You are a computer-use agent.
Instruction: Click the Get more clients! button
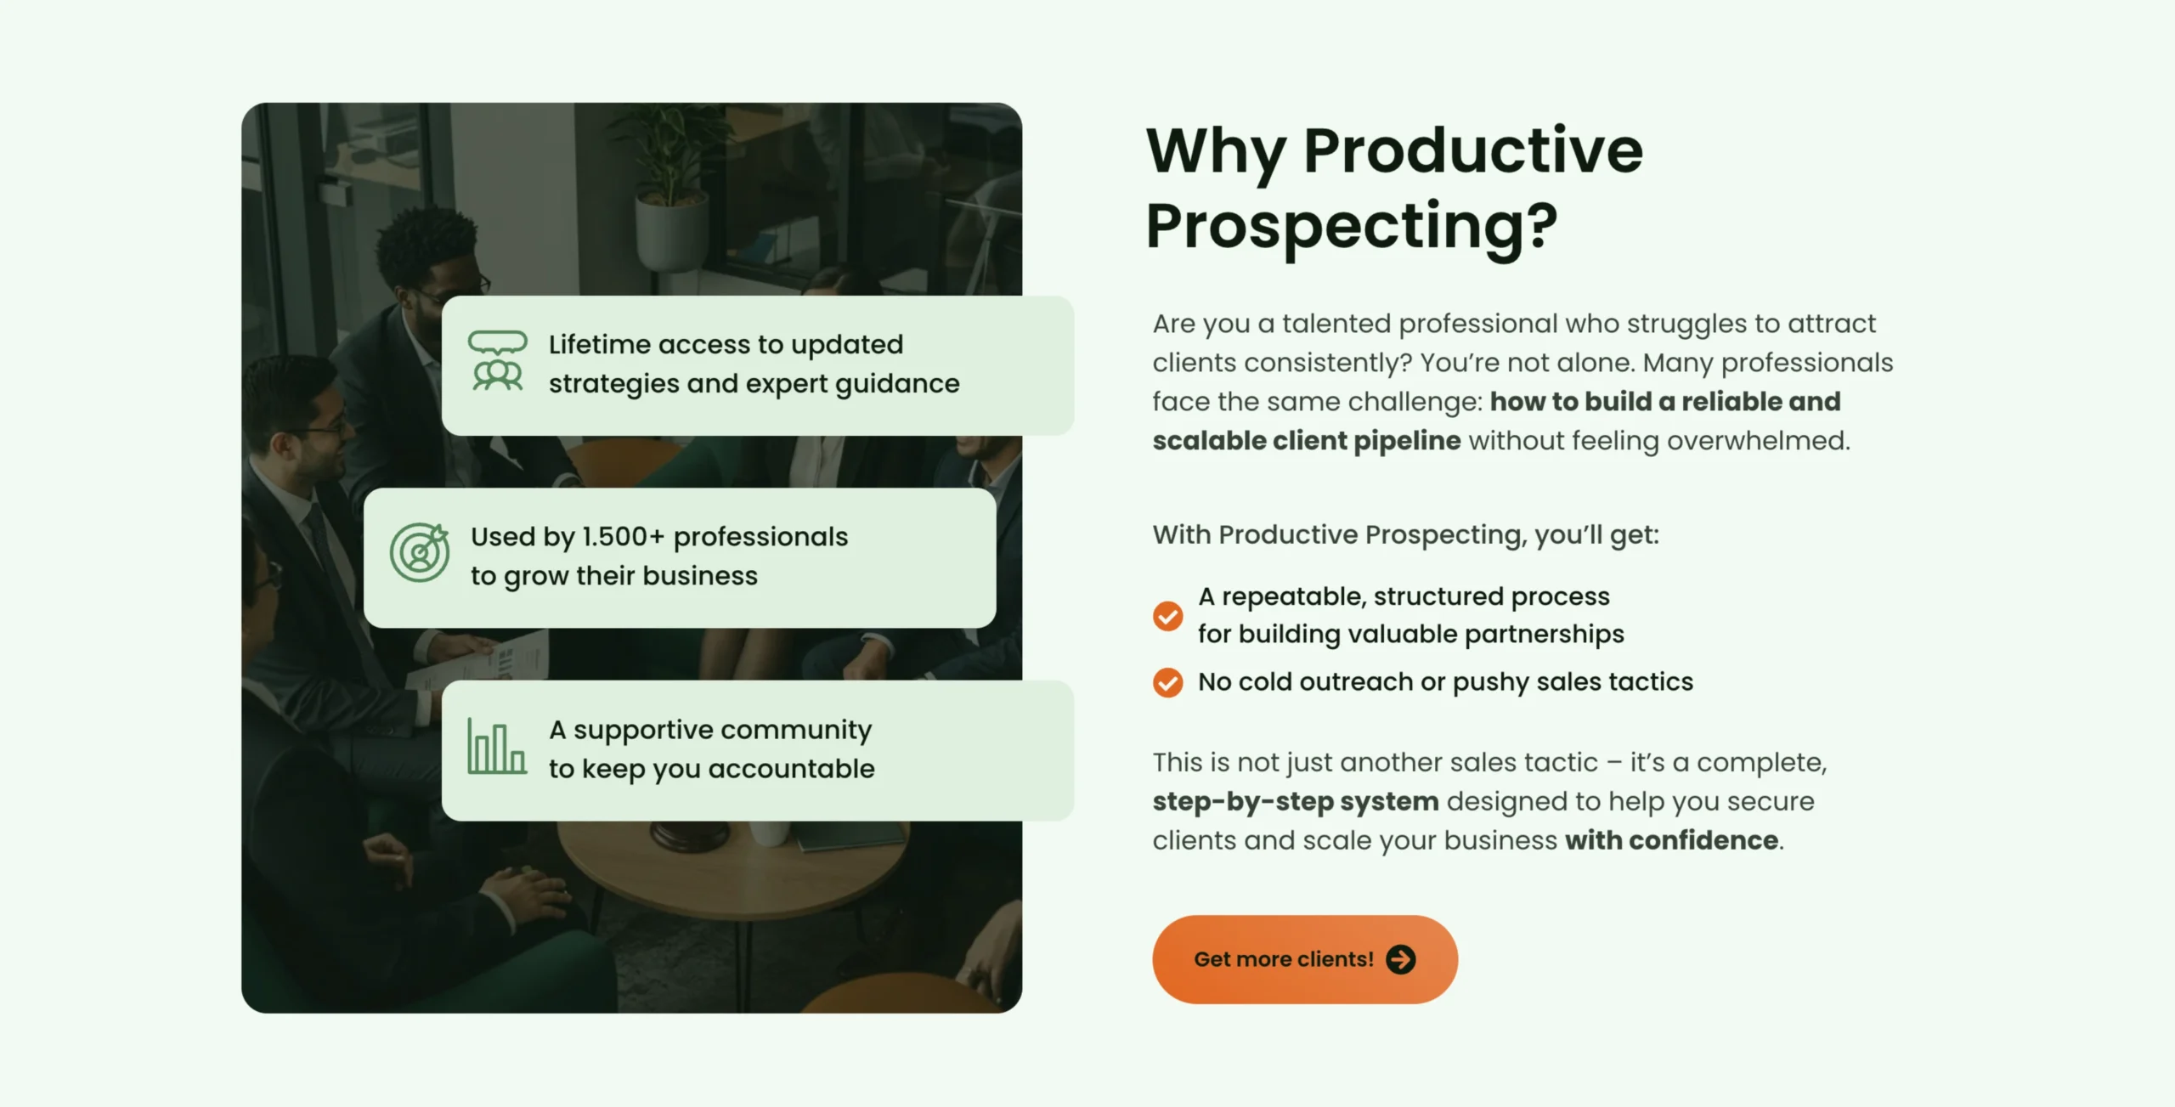coord(1305,959)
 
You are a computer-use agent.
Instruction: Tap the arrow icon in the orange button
coord(1401,959)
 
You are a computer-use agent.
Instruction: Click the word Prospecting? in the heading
coord(1352,227)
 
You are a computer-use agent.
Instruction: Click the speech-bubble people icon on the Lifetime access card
coord(498,361)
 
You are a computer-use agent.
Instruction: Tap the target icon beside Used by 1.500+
coord(420,552)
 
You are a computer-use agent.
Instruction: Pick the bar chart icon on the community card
coord(497,746)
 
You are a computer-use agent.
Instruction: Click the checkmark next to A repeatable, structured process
coord(1167,616)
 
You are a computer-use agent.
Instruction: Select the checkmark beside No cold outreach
coord(1167,682)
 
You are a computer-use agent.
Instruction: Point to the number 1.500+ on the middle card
coord(623,537)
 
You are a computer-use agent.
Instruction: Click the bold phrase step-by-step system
coord(1296,802)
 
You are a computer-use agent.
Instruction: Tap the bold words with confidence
coord(1672,840)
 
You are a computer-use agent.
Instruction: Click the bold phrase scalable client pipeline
coord(1307,441)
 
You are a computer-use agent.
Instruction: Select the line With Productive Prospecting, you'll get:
coord(1406,535)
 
